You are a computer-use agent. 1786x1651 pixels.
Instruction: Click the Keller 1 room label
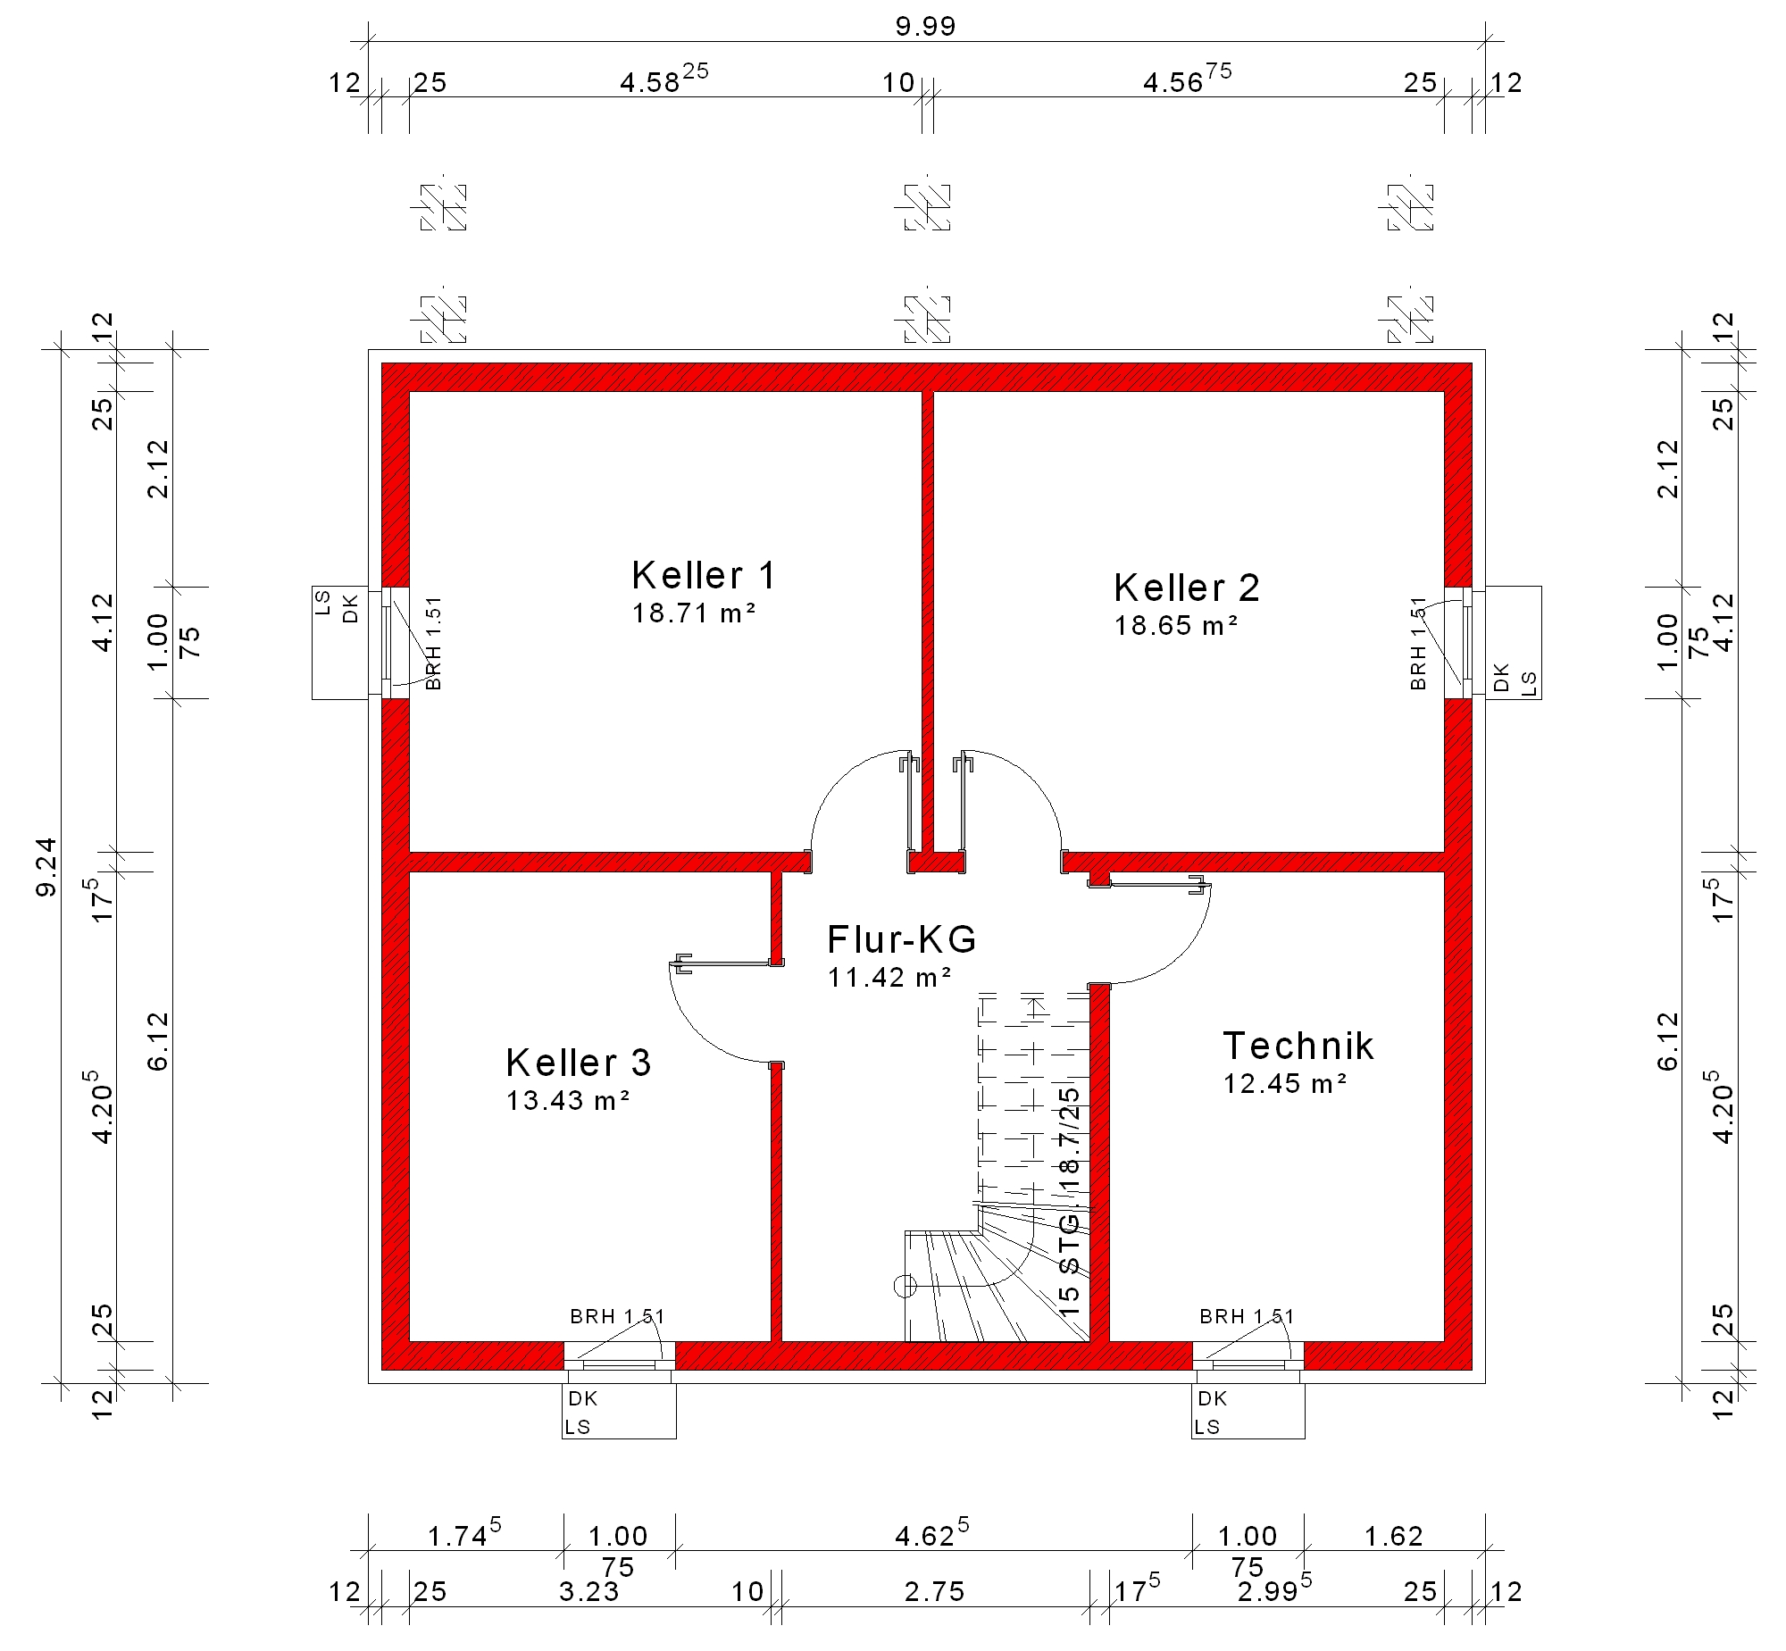tap(703, 576)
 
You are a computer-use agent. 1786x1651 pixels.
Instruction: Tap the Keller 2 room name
tap(1187, 588)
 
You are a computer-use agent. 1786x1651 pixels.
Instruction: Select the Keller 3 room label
tap(578, 1063)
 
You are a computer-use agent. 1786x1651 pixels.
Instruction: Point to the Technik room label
tap(1298, 1046)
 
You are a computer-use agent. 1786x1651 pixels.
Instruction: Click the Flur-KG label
tap(902, 940)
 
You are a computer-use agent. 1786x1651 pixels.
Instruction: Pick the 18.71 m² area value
tap(694, 613)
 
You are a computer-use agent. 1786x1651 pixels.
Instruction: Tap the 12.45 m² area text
tap(1285, 1084)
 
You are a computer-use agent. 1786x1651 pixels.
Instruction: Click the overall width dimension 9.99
tap(926, 27)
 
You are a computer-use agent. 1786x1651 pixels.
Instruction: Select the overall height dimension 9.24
tap(46, 867)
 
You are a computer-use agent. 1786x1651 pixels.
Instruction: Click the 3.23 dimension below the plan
tap(588, 1591)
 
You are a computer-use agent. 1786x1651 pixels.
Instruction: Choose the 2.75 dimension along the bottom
tap(935, 1591)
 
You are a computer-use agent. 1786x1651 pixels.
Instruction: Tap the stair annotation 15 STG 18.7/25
tap(1070, 1201)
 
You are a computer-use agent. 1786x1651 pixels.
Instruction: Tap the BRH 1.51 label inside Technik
tap(1247, 1316)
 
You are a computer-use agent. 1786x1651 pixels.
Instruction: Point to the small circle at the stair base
tap(906, 1286)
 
